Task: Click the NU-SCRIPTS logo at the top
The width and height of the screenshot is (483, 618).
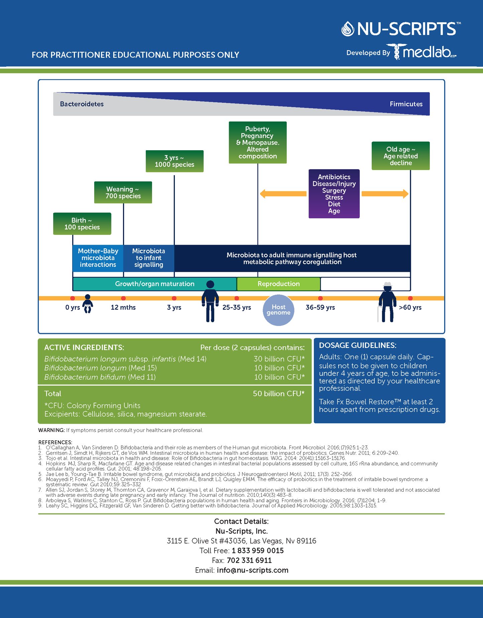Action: [x=401, y=29]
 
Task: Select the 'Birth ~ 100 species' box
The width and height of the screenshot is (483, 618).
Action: [x=82, y=224]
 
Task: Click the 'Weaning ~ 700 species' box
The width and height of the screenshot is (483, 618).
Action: [x=123, y=192]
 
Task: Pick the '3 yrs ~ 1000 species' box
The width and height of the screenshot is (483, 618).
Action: [x=174, y=161]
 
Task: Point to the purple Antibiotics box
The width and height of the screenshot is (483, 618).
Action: [x=334, y=194]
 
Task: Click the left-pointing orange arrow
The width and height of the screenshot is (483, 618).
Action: [x=283, y=194]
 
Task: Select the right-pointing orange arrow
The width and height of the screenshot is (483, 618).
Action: [x=385, y=194]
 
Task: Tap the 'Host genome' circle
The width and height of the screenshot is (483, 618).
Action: [x=278, y=310]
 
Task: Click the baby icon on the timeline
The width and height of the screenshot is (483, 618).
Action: [x=88, y=303]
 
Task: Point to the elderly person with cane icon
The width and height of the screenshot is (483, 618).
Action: [x=387, y=302]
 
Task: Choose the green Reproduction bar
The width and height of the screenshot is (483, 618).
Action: [x=278, y=284]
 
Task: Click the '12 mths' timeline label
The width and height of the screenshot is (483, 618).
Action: [x=123, y=307]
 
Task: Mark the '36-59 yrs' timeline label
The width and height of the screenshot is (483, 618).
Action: [x=320, y=307]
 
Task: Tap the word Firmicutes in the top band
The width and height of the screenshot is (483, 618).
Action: [x=406, y=104]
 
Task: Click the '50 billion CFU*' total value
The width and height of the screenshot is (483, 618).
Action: [x=279, y=394]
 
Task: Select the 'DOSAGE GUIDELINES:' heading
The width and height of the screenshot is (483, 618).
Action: [x=358, y=345]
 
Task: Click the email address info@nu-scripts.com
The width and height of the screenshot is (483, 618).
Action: [x=252, y=570]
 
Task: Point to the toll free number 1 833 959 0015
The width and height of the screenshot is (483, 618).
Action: [x=258, y=551]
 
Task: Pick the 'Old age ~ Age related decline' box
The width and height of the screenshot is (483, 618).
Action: [x=401, y=156]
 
